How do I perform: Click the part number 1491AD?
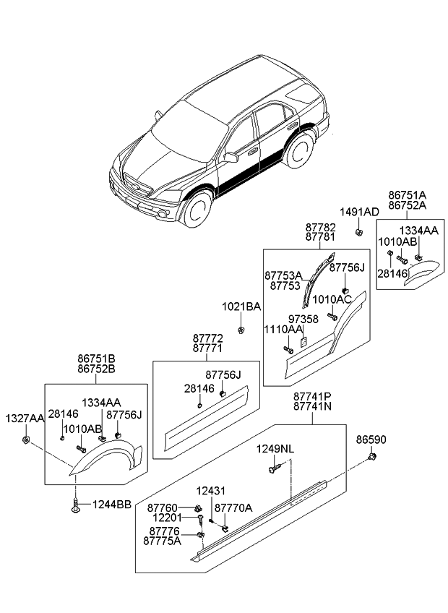[359, 212]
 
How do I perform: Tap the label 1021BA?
[241, 307]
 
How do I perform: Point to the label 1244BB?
[111, 505]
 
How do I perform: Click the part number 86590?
[371, 439]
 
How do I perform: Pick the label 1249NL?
[275, 449]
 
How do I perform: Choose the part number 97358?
[303, 319]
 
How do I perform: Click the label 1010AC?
[332, 299]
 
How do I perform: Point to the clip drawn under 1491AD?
[358, 231]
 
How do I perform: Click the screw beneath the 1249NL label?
[272, 471]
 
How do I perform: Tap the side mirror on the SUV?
[232, 156]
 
